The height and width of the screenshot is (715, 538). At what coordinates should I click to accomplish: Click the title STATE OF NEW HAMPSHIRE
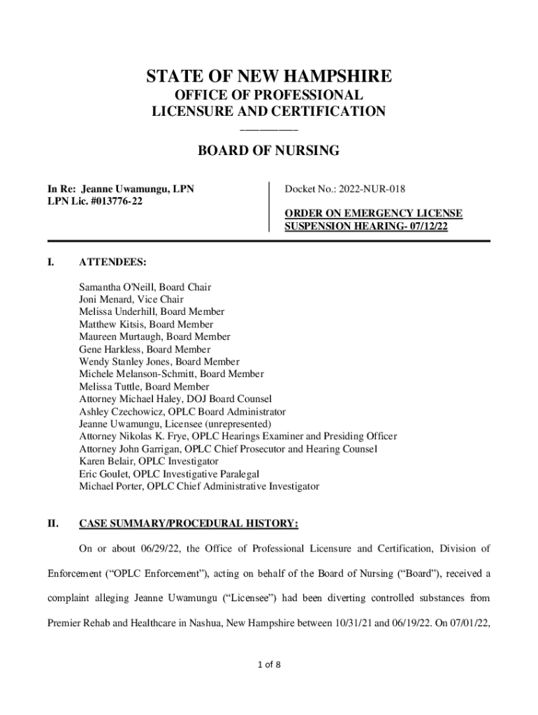(269, 76)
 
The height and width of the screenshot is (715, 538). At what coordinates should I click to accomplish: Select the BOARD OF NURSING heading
(269, 150)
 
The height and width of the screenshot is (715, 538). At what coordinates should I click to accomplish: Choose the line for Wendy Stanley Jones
(159, 362)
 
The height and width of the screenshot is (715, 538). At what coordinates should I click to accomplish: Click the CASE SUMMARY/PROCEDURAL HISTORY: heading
(189, 522)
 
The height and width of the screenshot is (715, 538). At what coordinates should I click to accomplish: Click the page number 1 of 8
(268, 664)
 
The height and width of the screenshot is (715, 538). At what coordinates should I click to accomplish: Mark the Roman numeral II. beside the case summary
(52, 522)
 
